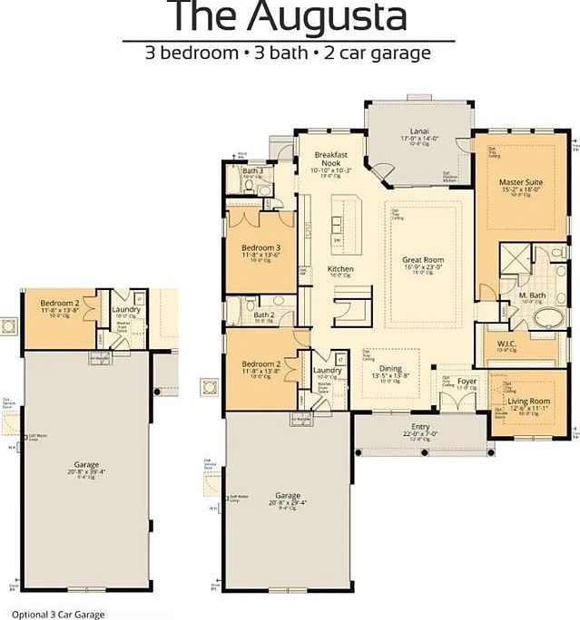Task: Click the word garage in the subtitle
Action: pyautogui.click(x=394, y=53)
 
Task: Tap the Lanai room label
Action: pyautogui.click(x=418, y=131)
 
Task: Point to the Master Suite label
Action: pyautogui.click(x=520, y=182)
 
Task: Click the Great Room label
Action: pyautogui.click(x=422, y=260)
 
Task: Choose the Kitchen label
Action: pyautogui.click(x=340, y=269)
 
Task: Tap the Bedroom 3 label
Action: pyautogui.click(x=261, y=247)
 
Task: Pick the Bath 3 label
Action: pyautogui.click(x=252, y=170)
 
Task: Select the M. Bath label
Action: pyautogui.click(x=531, y=296)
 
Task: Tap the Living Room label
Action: pyautogui.click(x=528, y=400)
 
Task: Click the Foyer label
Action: pyautogui.click(x=467, y=382)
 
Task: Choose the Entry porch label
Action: pyautogui.click(x=420, y=426)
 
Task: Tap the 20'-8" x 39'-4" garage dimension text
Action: pyautogui.click(x=87, y=471)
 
